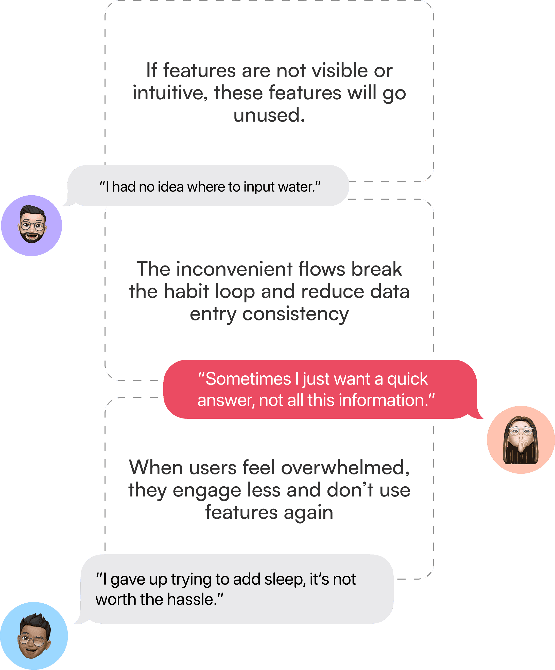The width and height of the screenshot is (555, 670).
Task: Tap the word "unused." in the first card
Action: coord(269,115)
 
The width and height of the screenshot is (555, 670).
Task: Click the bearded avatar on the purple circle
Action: coord(32,225)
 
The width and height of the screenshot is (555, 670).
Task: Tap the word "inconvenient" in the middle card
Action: coord(234,269)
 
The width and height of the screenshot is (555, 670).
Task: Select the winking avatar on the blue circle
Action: coord(34,636)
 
